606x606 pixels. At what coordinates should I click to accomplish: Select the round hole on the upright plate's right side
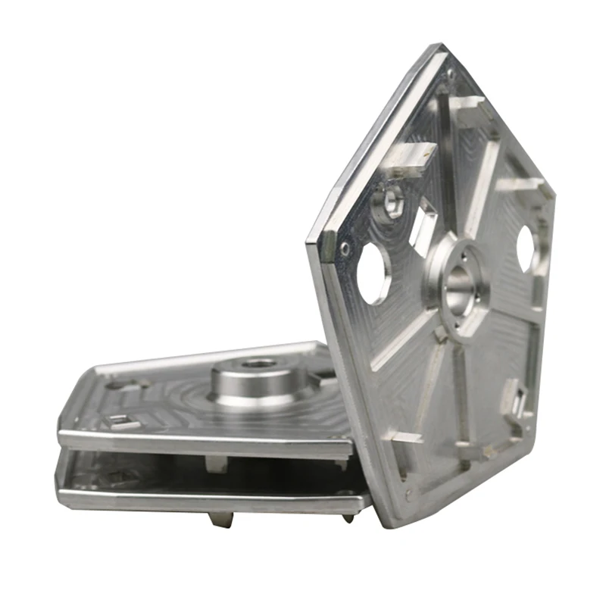(x=526, y=248)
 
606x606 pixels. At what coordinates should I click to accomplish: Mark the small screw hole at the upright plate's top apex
(x=451, y=73)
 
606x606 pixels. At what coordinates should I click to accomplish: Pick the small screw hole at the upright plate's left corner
(x=345, y=248)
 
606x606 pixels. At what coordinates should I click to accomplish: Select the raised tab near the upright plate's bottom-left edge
(x=405, y=437)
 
